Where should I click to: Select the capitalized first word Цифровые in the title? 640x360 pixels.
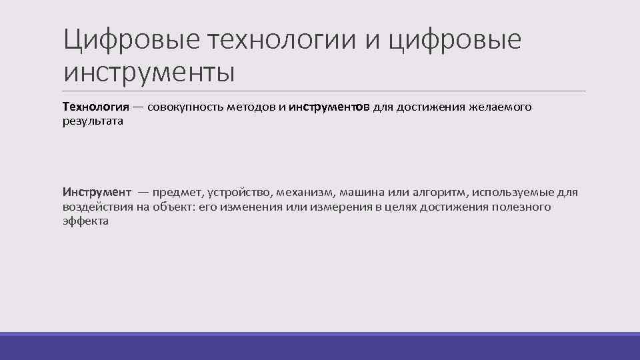click(x=131, y=42)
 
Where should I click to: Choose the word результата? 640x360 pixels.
click(x=93, y=122)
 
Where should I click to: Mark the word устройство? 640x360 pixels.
click(x=239, y=192)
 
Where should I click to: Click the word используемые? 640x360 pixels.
click(x=515, y=192)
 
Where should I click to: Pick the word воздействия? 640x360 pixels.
click(x=97, y=207)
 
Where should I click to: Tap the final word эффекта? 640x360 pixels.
click(x=85, y=221)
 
